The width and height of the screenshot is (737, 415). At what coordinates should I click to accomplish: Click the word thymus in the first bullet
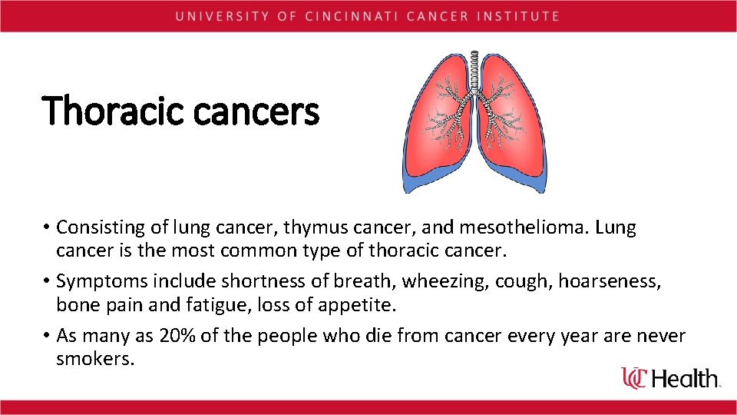(312, 227)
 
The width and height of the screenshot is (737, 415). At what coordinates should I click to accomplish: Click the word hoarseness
(608, 283)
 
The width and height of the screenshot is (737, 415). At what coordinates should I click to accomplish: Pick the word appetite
(358, 305)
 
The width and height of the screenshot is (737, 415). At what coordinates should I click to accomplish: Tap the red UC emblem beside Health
(635, 377)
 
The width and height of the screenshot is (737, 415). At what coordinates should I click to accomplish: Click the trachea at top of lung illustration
(474, 69)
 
